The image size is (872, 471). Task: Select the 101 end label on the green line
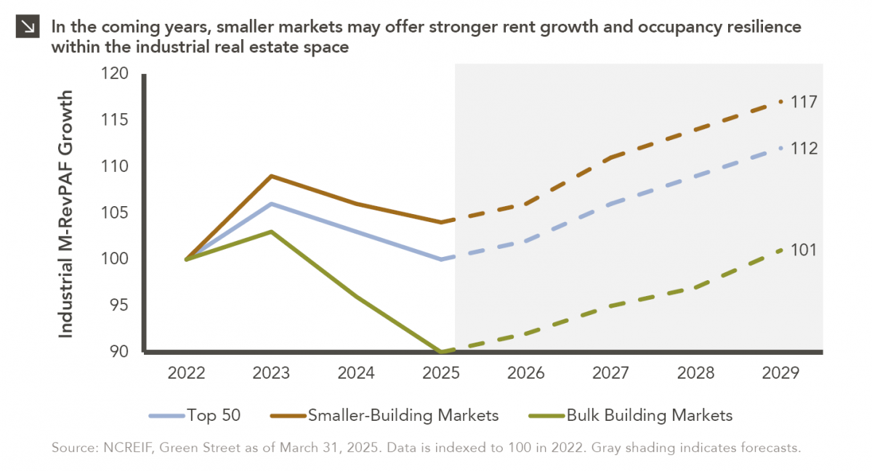pyautogui.click(x=804, y=250)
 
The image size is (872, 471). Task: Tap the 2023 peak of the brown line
pyautogui.click(x=271, y=176)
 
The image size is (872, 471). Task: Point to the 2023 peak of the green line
pyautogui.click(x=271, y=232)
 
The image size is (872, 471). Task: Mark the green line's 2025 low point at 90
pyautogui.click(x=442, y=352)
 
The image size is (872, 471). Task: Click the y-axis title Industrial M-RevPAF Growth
pyautogui.click(x=66, y=213)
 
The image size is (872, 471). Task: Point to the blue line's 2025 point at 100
pyautogui.click(x=442, y=259)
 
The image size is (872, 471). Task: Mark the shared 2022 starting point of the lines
pyautogui.click(x=187, y=259)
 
